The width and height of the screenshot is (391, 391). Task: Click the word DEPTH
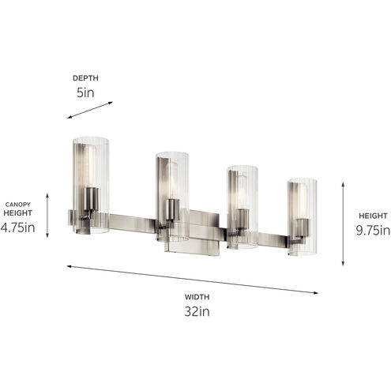(85, 78)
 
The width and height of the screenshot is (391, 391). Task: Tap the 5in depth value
(85, 92)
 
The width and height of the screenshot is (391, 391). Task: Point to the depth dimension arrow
(90, 110)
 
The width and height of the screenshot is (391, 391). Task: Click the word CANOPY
(17, 205)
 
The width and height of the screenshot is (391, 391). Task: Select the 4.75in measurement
(17, 227)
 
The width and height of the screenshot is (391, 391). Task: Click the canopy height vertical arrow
(47, 216)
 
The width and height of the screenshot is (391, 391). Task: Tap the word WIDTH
(197, 297)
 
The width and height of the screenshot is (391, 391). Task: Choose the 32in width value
(197, 311)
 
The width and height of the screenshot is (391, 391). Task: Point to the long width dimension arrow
(193, 280)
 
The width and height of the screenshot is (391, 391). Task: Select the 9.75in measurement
(373, 231)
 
